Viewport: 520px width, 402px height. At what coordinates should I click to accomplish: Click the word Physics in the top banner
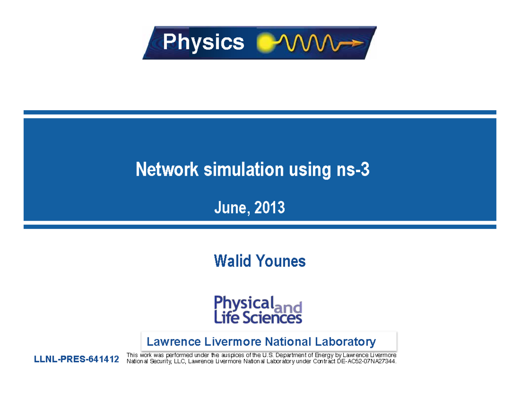pyautogui.click(x=203, y=42)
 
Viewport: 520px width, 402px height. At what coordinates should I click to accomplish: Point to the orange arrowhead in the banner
pyautogui.click(x=358, y=42)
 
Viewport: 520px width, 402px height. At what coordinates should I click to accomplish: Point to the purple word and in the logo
pyautogui.click(x=289, y=308)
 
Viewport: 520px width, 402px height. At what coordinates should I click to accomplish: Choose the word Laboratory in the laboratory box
pyautogui.click(x=347, y=341)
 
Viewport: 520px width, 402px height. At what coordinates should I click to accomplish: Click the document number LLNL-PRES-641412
pyautogui.click(x=77, y=360)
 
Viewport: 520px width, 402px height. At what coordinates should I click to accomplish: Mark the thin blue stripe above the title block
pyautogui.click(x=260, y=112)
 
